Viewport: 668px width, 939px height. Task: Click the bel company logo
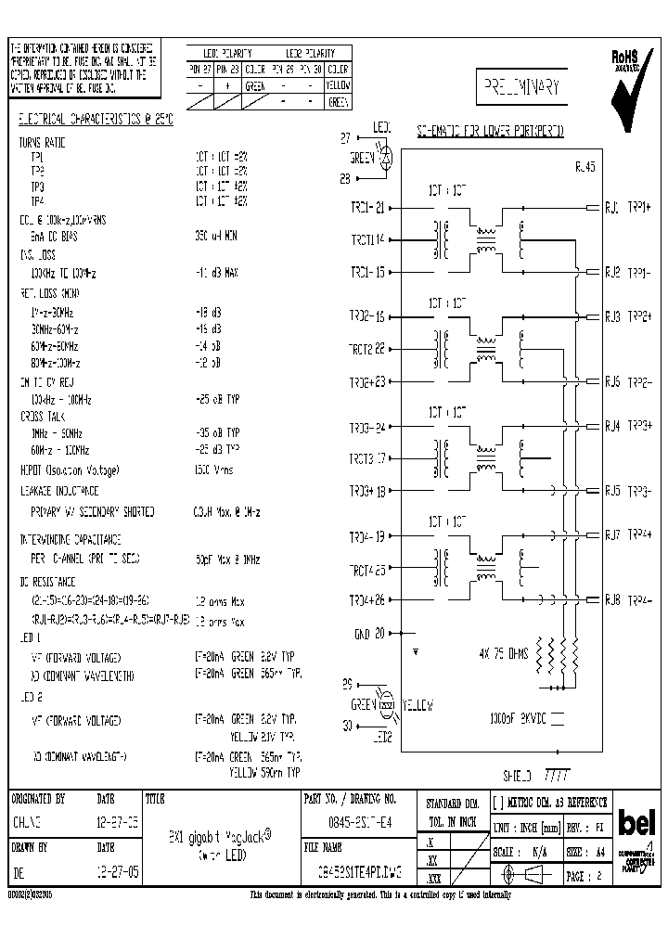click(x=637, y=824)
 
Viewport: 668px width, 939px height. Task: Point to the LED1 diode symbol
click(x=391, y=158)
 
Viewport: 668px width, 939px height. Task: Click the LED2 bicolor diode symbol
click(x=388, y=706)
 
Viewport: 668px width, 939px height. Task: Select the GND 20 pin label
click(x=368, y=635)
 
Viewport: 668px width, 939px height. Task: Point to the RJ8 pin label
click(x=612, y=600)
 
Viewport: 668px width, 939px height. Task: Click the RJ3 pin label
click(x=612, y=316)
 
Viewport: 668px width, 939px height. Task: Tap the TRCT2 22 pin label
click(x=367, y=349)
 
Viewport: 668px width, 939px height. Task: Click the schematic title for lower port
click(x=490, y=131)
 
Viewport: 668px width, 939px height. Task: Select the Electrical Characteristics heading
click(x=96, y=120)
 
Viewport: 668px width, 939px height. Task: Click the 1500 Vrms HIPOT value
click(x=214, y=470)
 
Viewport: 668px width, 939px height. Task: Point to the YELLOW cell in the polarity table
click(x=338, y=85)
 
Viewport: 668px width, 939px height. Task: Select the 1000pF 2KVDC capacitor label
click(x=516, y=717)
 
